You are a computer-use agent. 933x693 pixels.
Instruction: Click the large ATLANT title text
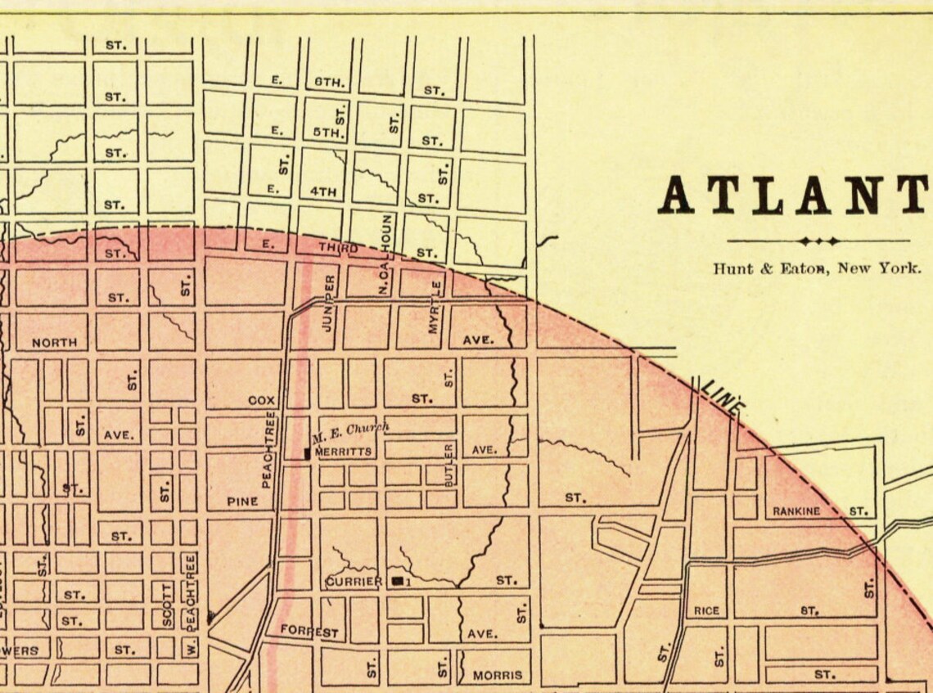[794, 196]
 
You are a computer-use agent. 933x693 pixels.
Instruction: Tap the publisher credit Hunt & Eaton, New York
[817, 268]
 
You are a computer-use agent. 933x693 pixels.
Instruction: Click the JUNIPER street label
[329, 303]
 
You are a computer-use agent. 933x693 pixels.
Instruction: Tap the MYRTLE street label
[435, 307]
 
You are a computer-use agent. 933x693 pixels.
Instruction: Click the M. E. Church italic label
[350, 430]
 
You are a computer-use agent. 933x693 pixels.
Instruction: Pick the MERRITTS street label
[343, 451]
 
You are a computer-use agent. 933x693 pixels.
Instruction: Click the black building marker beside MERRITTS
[307, 452]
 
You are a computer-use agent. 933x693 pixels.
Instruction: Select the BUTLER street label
[448, 466]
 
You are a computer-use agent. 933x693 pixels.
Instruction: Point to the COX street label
[262, 401]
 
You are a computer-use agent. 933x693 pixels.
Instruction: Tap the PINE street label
[243, 502]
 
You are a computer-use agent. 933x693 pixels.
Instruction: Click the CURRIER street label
[354, 582]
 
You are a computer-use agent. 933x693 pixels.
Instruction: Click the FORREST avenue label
[309, 632]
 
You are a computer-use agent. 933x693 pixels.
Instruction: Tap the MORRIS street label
[497, 676]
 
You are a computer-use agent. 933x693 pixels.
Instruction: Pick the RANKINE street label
[796, 511]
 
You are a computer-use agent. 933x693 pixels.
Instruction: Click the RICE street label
[705, 610]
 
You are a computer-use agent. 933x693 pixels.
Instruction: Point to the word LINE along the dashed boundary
[723, 396]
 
